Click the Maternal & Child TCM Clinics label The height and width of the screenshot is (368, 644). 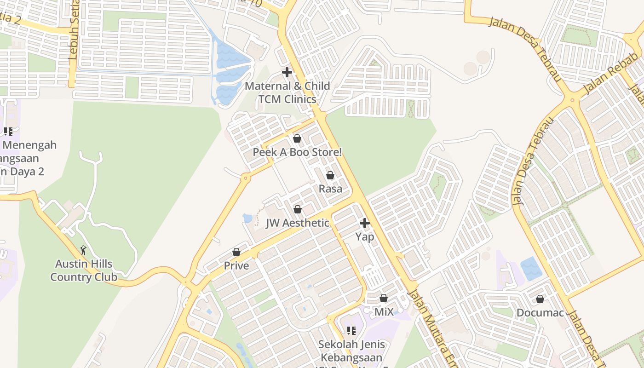[x=287, y=92]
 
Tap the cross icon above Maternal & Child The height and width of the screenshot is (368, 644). [x=287, y=72]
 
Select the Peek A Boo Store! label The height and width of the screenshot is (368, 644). [x=297, y=152]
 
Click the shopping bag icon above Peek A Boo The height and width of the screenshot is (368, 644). [x=297, y=138]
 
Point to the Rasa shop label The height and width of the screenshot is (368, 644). [x=330, y=189]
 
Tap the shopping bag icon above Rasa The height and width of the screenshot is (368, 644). [x=330, y=175]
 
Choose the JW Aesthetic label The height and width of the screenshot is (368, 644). [x=298, y=223]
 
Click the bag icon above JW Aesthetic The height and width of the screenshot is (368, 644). [x=298, y=209]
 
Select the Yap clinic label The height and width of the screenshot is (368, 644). [x=365, y=236]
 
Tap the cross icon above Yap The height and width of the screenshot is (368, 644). [x=365, y=224]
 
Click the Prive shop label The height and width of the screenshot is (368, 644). [x=236, y=265]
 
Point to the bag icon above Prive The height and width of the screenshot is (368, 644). [x=236, y=252]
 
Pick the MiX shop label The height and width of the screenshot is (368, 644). [x=384, y=312]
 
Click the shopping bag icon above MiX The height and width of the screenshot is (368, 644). [x=384, y=298]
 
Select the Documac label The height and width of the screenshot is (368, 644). [x=540, y=313]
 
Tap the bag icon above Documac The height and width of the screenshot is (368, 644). [x=540, y=299]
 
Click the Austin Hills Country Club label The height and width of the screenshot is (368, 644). [x=84, y=270]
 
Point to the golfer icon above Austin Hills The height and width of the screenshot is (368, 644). [x=83, y=250]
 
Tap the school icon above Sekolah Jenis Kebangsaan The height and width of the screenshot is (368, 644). [x=351, y=330]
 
